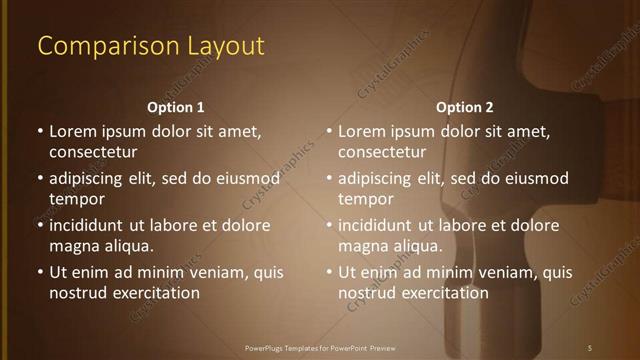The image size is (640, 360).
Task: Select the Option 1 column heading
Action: tap(176, 107)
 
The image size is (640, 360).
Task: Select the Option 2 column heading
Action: tap(465, 107)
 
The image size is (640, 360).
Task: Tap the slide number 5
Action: tap(590, 347)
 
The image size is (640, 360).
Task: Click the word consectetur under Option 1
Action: tap(93, 152)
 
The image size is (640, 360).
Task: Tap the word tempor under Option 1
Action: tap(75, 199)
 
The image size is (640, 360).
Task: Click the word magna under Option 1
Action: tap(74, 246)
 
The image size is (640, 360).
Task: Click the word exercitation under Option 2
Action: tap(445, 293)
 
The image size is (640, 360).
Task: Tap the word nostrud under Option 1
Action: tap(78, 293)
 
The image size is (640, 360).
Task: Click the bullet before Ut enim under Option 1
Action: tap(40, 272)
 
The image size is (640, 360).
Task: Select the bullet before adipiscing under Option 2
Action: tap(329, 179)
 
